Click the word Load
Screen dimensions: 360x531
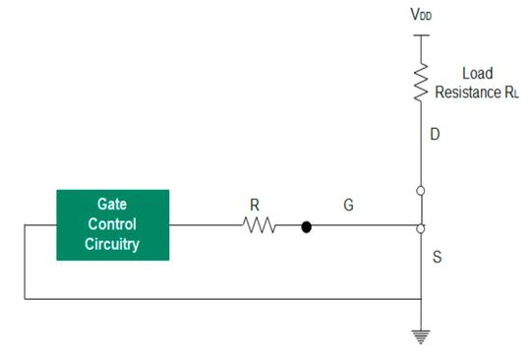tap(477, 72)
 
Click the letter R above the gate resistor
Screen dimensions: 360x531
tap(255, 207)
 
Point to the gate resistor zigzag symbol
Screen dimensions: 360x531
tap(257, 226)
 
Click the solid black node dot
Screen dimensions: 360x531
tap(306, 226)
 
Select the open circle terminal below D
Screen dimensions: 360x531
tap(421, 191)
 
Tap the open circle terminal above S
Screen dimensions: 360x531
tap(421, 227)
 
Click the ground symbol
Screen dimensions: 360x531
tap(421, 337)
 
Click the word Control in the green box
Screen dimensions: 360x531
tap(111, 225)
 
